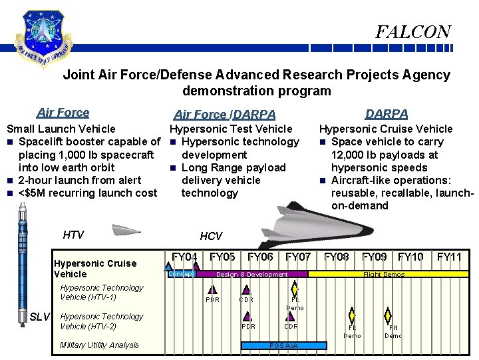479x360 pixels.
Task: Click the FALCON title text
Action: tap(412, 32)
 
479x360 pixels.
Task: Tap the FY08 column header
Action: tap(337, 257)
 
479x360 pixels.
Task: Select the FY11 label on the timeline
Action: tap(450, 257)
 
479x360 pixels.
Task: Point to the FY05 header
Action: tap(222, 257)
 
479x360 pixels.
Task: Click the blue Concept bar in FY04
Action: tap(180, 273)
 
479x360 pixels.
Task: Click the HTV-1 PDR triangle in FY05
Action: tap(213, 289)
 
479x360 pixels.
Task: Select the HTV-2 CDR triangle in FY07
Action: tap(291, 316)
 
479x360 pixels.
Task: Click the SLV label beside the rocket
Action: tap(41, 317)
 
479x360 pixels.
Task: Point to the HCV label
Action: tap(211, 236)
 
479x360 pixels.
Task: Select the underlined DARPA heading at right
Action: tap(387, 115)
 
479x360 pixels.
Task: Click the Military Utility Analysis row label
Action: tap(99, 345)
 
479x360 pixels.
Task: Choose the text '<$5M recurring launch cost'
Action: tap(88, 193)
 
